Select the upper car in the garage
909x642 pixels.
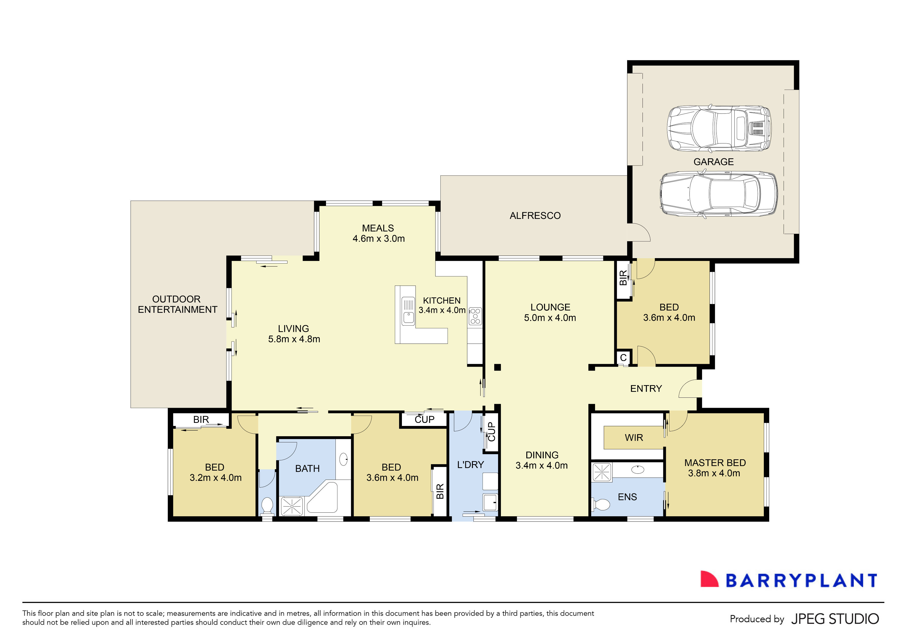[719, 129]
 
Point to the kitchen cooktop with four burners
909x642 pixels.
[475, 316]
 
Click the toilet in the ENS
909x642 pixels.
[601, 504]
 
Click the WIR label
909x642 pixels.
[634, 438]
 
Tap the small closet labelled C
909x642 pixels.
[623, 358]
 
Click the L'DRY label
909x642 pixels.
[470, 465]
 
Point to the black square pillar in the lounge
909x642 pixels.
[498, 367]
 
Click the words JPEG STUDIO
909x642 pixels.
[835, 619]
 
